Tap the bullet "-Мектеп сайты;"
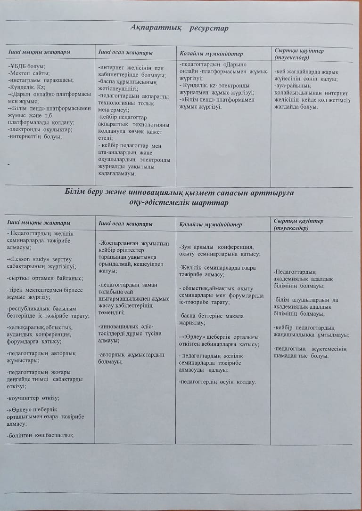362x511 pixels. (28, 73)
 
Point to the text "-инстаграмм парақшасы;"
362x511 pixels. (40, 80)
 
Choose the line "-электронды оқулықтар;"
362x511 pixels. (40, 130)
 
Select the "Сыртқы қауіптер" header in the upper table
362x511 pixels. (299, 50)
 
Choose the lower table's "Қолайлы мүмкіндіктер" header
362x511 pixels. (211, 224)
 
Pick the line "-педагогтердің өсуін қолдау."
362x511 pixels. (218, 382)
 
